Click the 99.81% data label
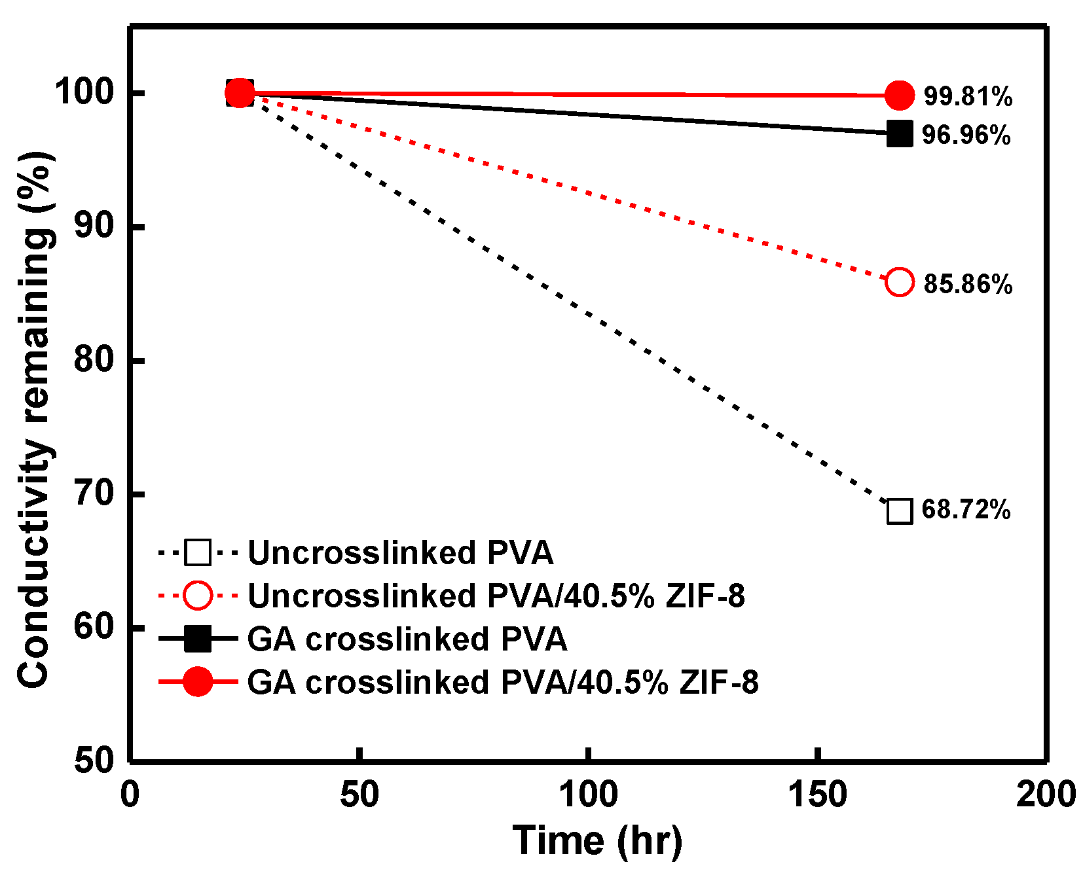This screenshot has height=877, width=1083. [x=968, y=96]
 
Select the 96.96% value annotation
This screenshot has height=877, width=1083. [x=966, y=135]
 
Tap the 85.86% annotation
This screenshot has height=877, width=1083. [x=968, y=284]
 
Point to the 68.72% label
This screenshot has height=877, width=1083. [x=966, y=509]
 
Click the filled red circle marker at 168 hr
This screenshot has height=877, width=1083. [x=900, y=96]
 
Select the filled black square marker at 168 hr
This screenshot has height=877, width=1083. [x=900, y=134]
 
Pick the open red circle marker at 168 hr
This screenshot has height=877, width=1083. [x=900, y=282]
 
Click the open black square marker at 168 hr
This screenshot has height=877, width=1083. [x=900, y=511]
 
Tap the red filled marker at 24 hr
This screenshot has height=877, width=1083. [x=240, y=93]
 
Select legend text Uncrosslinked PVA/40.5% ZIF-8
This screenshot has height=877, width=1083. [x=496, y=596]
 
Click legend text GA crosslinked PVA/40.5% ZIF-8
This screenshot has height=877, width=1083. [x=502, y=682]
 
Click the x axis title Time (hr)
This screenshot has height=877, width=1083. [x=597, y=840]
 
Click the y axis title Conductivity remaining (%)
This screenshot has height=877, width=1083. [x=34, y=419]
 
